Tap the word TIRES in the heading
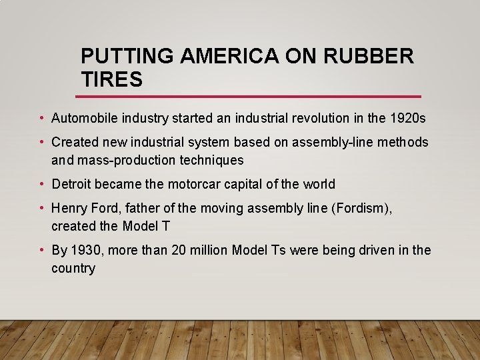point(111,80)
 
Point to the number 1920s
point(407,119)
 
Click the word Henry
point(69,208)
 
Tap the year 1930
point(85,250)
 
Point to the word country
point(73,268)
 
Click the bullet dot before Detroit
point(41,184)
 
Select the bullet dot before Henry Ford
point(41,208)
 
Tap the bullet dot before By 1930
point(41,250)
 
